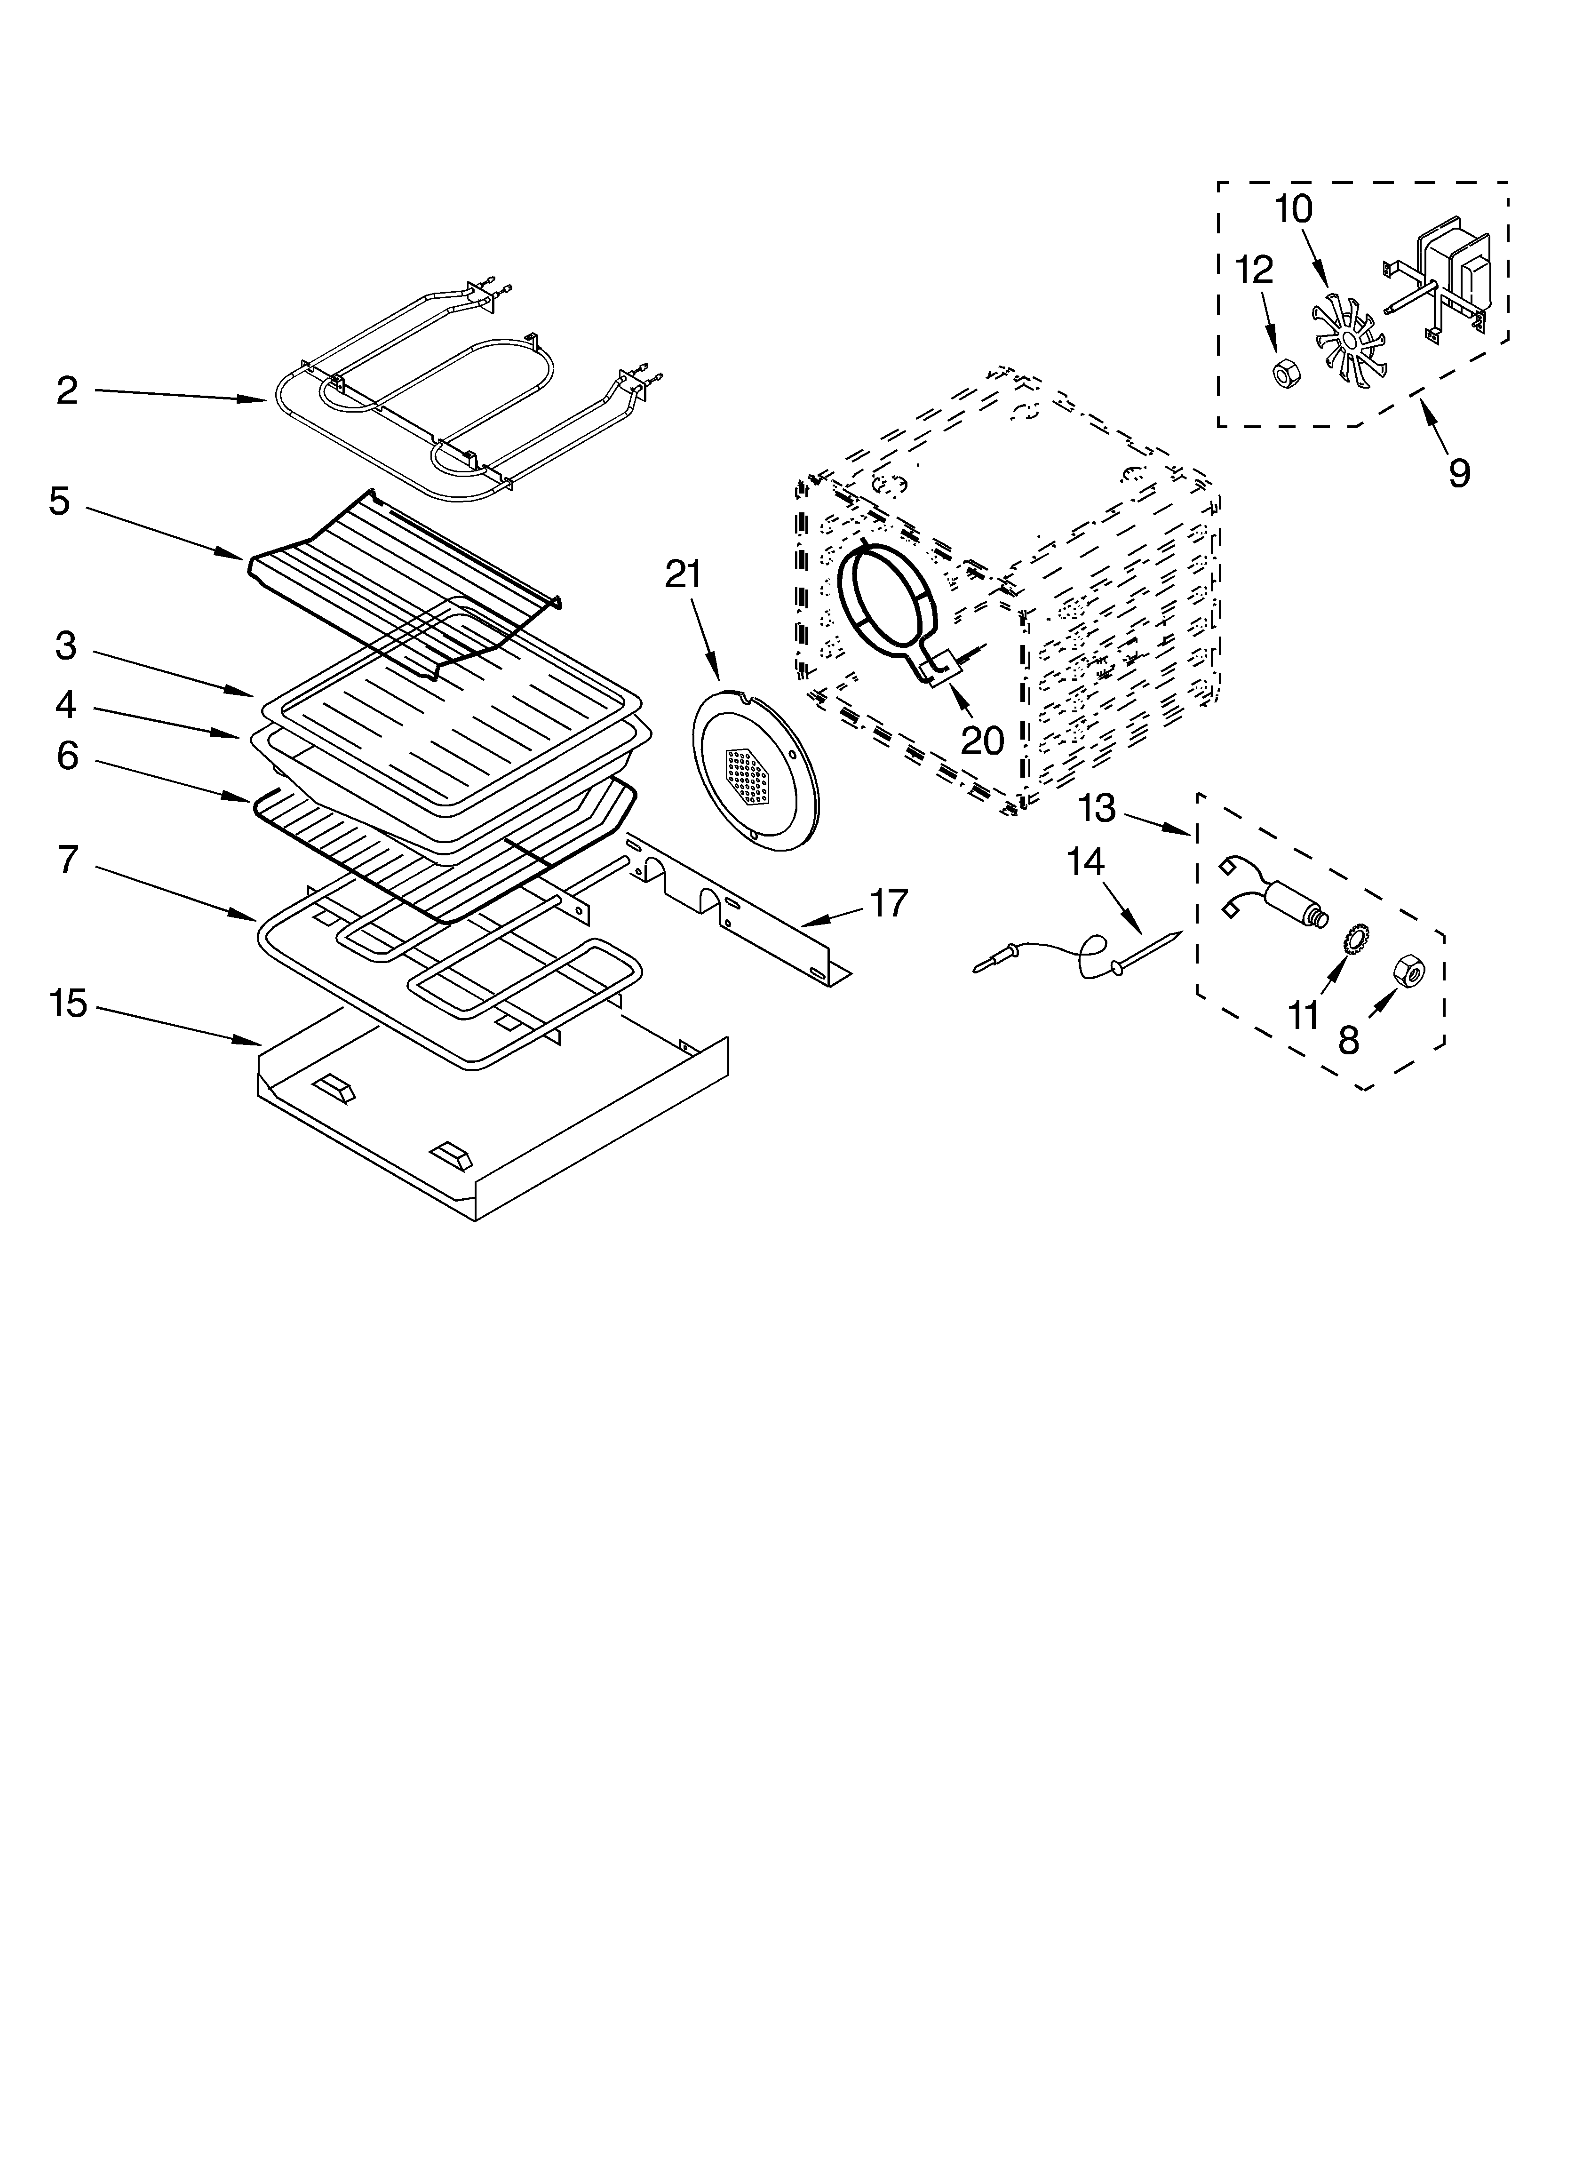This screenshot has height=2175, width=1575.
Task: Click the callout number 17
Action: [x=888, y=903]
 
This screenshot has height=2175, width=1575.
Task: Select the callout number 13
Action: [x=1097, y=808]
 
